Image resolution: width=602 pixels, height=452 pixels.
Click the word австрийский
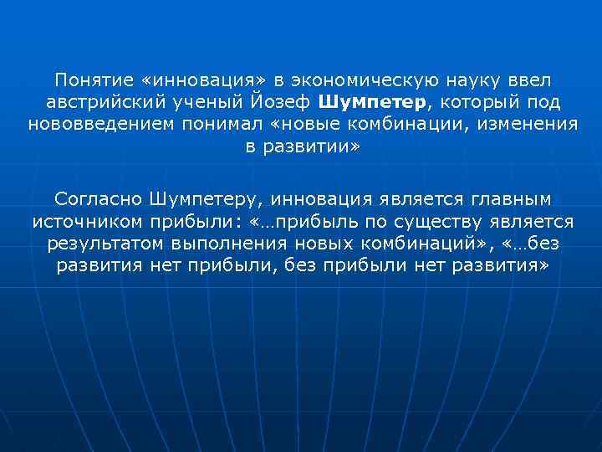point(97,102)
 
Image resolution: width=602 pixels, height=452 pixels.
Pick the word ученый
point(202,102)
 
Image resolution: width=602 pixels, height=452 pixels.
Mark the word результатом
point(98,244)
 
